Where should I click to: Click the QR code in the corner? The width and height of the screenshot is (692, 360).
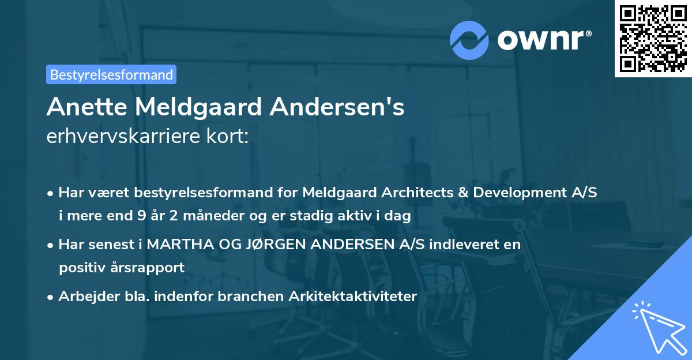pos(653,38)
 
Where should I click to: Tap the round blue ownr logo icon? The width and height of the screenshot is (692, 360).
pos(470,40)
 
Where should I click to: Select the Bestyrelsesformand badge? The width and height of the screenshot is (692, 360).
pos(111,74)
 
